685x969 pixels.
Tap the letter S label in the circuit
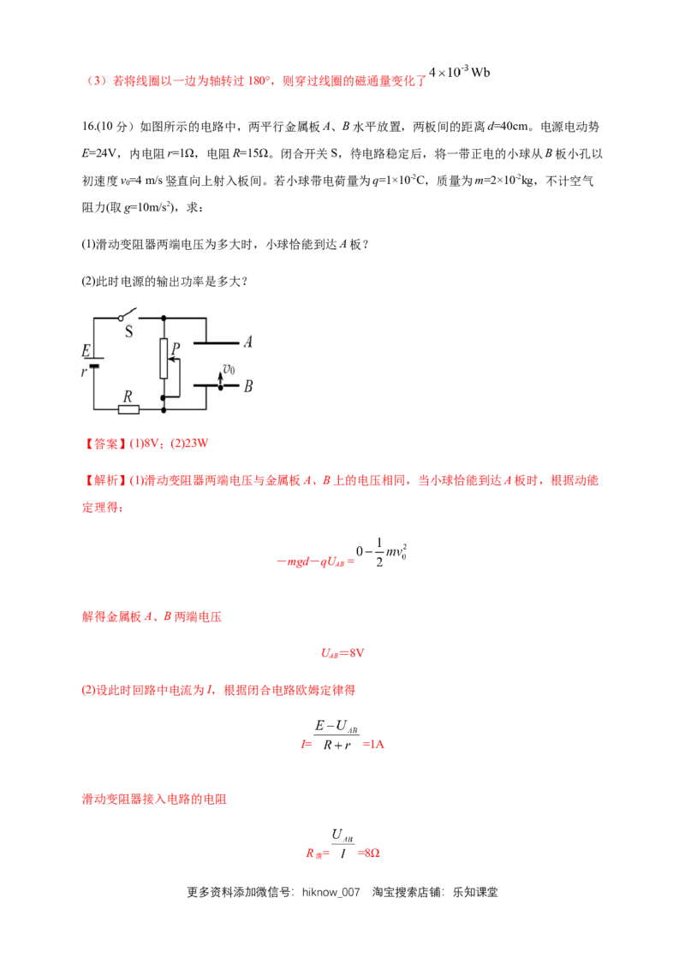coord(129,332)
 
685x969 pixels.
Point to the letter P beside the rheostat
coord(174,348)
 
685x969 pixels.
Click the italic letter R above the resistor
coord(128,396)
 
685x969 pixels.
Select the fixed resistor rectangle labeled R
coord(128,410)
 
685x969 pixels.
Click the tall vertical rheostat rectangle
coord(163,358)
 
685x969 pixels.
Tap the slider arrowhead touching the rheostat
coord(170,360)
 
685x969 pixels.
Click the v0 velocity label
coord(228,369)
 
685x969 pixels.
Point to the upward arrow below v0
coord(220,380)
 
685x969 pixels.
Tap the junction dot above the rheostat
coord(163,317)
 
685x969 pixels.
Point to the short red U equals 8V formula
coord(342,653)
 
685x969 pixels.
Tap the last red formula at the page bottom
coord(342,853)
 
